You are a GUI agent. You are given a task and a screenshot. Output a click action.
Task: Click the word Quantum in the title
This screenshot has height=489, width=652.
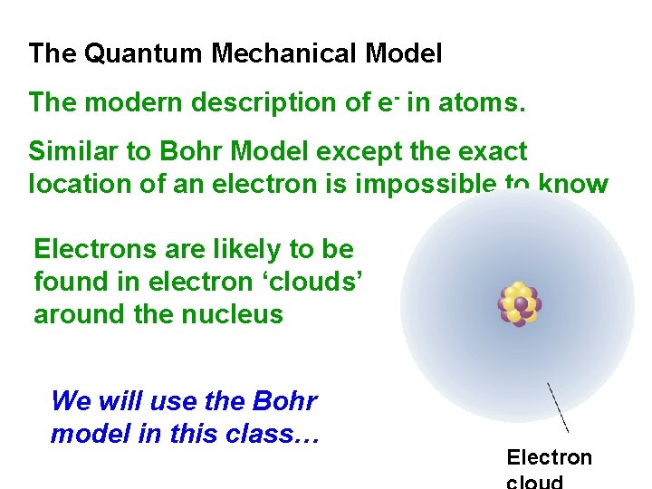(144, 54)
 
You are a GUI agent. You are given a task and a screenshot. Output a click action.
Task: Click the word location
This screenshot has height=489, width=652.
(76, 184)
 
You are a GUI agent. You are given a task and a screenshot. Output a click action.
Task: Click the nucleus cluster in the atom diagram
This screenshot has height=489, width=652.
(519, 303)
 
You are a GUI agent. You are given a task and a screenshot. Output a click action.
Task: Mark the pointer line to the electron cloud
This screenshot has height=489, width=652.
(557, 407)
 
